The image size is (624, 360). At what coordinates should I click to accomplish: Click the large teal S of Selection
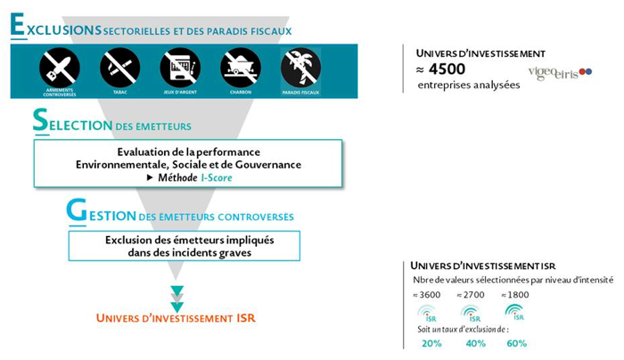click(40, 122)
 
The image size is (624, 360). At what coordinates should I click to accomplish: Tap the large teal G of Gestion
click(76, 211)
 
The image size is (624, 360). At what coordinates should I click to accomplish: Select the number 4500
click(447, 69)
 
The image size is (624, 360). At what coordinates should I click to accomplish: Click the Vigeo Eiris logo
click(559, 72)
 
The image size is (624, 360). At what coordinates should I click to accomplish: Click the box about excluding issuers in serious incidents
click(184, 246)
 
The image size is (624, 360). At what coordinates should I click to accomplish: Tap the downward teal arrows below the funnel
click(177, 298)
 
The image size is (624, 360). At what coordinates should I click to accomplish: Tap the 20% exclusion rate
click(431, 343)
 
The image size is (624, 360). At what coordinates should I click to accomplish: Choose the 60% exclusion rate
click(516, 343)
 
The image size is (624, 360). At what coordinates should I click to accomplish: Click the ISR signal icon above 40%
click(471, 312)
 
